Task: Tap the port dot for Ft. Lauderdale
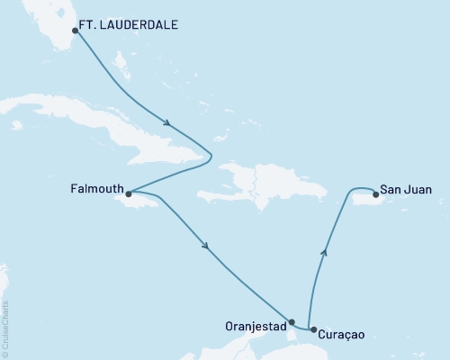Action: (x=75, y=31)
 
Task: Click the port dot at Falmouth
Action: (x=129, y=193)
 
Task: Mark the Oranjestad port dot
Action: (x=292, y=321)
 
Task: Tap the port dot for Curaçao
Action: (x=311, y=330)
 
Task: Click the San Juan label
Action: (x=405, y=190)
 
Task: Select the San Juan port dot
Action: (x=374, y=192)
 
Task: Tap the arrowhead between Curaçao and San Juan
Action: (x=325, y=253)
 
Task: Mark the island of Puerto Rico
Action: (x=364, y=203)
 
